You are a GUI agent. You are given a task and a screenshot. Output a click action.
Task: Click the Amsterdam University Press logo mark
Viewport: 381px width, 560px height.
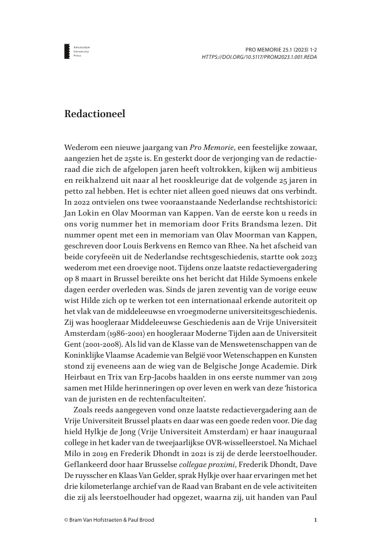tap(67, 51)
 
